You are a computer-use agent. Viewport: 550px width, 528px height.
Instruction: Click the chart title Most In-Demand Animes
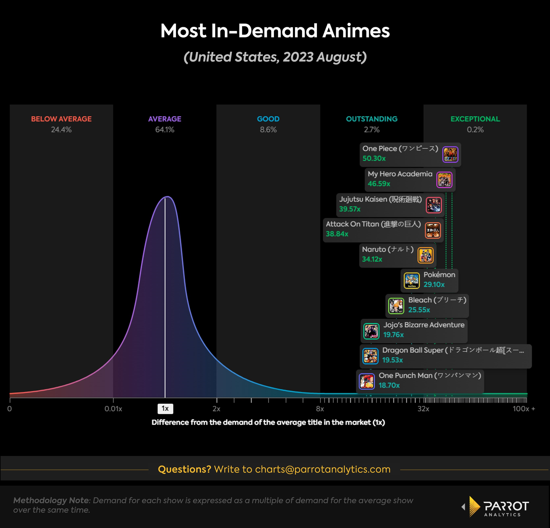(x=275, y=31)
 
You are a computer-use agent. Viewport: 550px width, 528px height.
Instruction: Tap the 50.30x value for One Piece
(x=374, y=159)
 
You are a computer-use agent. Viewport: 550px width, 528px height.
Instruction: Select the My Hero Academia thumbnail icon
(x=444, y=180)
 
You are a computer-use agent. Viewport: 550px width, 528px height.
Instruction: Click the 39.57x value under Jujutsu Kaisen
(x=350, y=209)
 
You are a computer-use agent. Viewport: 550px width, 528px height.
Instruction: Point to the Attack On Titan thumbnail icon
(x=433, y=230)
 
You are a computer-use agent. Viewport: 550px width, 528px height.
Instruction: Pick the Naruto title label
(x=387, y=249)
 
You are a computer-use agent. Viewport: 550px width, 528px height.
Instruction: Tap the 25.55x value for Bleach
(x=419, y=310)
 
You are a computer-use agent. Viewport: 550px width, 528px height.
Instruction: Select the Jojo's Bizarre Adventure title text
(x=424, y=325)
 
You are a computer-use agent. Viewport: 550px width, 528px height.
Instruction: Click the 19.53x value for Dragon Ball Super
(x=393, y=360)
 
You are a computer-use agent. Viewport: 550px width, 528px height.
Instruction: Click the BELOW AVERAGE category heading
(x=61, y=119)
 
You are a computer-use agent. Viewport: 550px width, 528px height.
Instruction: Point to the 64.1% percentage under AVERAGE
(x=165, y=130)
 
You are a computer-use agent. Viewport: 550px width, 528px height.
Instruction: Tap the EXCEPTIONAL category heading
(x=475, y=119)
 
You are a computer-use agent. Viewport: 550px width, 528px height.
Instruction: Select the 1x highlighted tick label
(x=165, y=409)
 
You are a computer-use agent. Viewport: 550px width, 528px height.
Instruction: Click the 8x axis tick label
(x=320, y=409)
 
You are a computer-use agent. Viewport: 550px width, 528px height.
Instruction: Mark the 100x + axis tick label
(x=524, y=409)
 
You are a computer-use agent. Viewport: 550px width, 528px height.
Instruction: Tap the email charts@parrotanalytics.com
(x=322, y=470)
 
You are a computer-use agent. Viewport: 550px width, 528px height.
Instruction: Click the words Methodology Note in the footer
(x=51, y=500)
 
